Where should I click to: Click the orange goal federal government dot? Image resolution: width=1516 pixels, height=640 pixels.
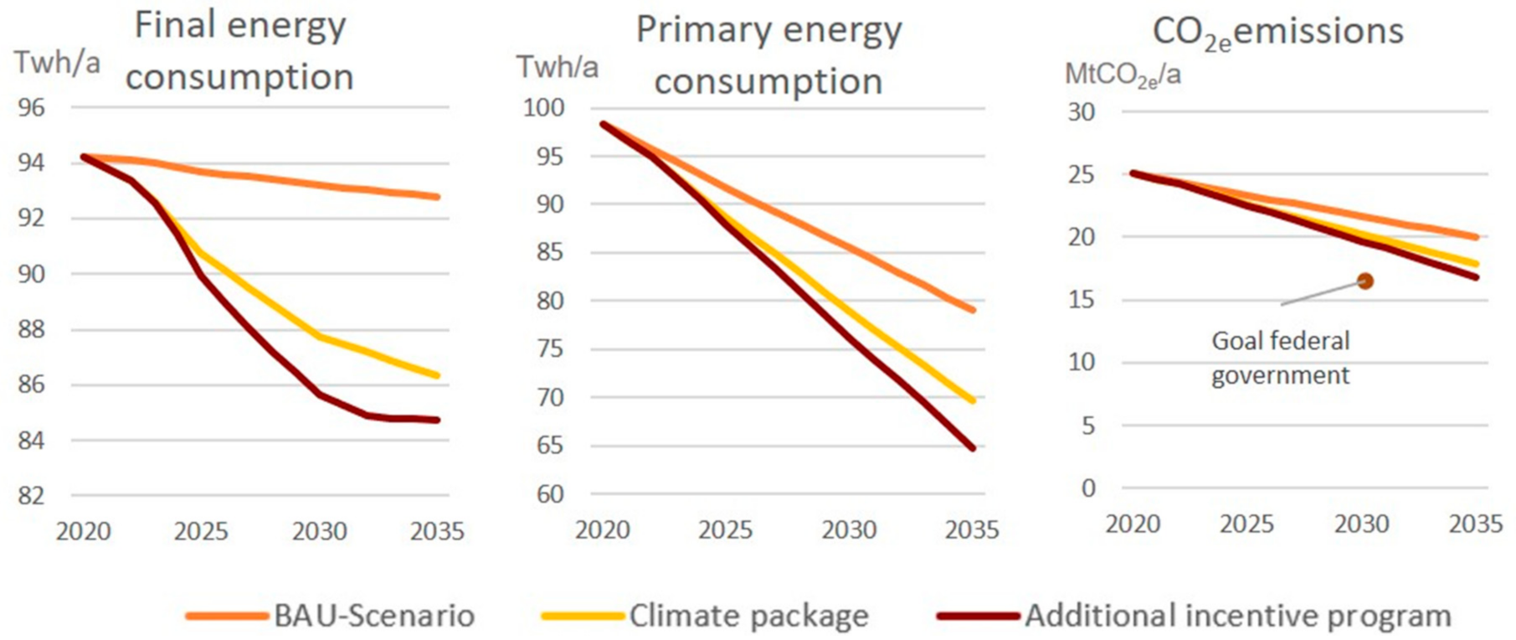point(1365,281)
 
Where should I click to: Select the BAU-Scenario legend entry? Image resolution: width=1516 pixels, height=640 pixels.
point(331,616)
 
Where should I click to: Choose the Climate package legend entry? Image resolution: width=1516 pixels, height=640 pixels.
point(706,616)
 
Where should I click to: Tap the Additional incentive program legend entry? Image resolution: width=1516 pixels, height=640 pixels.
point(1195,616)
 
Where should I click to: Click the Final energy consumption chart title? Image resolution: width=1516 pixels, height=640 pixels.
point(239,51)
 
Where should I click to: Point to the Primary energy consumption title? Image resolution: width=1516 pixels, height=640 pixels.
point(768,56)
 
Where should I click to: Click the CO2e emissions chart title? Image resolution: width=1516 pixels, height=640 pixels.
point(1277,34)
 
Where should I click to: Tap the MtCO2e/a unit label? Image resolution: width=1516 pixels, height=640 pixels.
point(1123,75)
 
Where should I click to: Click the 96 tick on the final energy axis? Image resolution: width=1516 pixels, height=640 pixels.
point(32,107)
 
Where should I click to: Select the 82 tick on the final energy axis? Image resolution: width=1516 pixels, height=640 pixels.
point(32,495)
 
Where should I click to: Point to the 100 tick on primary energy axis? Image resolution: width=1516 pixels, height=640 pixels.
point(543,107)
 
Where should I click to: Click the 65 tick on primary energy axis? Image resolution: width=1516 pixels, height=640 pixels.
point(550,445)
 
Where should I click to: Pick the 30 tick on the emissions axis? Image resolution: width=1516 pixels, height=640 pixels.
point(1081,111)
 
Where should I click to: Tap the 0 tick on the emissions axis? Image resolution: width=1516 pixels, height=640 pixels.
point(1087,488)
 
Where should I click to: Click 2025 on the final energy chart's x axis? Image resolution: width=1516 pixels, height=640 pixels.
point(201,531)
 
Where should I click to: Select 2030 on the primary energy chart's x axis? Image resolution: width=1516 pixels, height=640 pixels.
point(849,529)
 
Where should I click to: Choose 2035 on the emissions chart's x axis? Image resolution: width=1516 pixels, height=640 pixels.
point(1476,524)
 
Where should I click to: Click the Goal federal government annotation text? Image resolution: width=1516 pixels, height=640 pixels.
point(1281,358)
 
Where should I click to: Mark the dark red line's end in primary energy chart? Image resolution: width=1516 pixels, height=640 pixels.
point(973,448)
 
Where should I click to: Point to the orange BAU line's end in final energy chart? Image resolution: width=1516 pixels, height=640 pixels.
point(437,197)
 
